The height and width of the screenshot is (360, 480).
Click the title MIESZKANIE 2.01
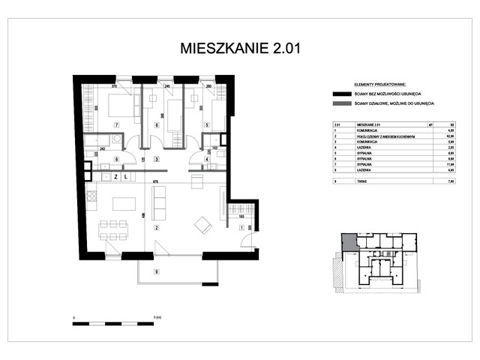pyautogui.click(x=240, y=49)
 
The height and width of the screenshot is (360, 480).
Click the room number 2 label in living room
pyautogui.click(x=157, y=227)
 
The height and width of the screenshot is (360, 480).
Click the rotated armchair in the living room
pyautogui.click(x=202, y=223)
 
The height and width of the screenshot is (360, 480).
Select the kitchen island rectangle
pyautogui.click(x=124, y=202)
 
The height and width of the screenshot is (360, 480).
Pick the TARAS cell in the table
pyautogui.click(x=361, y=181)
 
